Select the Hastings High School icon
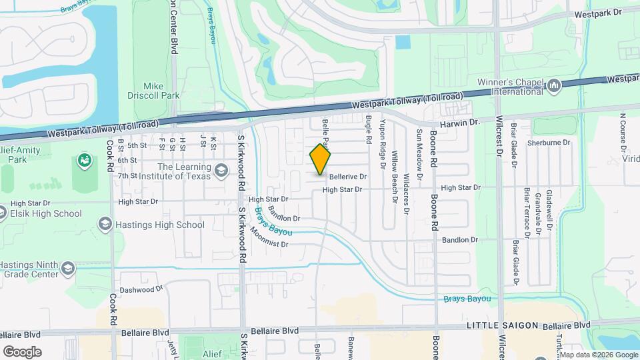(x=105, y=224)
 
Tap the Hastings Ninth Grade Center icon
(x=67, y=268)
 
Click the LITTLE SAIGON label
(x=501, y=325)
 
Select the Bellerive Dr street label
(x=348, y=177)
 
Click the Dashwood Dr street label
(x=141, y=289)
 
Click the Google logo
(x=21, y=351)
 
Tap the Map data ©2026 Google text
(x=603, y=355)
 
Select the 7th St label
(x=127, y=176)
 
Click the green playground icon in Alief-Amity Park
(x=84, y=160)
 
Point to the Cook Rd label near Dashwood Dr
(x=113, y=308)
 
